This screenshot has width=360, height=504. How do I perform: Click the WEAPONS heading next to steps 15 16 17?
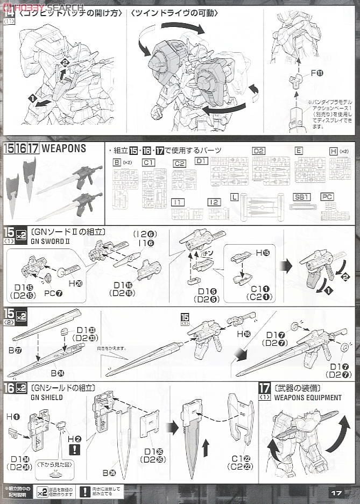(x=63, y=148)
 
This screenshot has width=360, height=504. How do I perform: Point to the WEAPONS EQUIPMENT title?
(x=307, y=397)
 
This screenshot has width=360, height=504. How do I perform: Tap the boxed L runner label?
(x=234, y=197)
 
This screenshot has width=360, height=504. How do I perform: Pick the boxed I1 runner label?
(x=177, y=202)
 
